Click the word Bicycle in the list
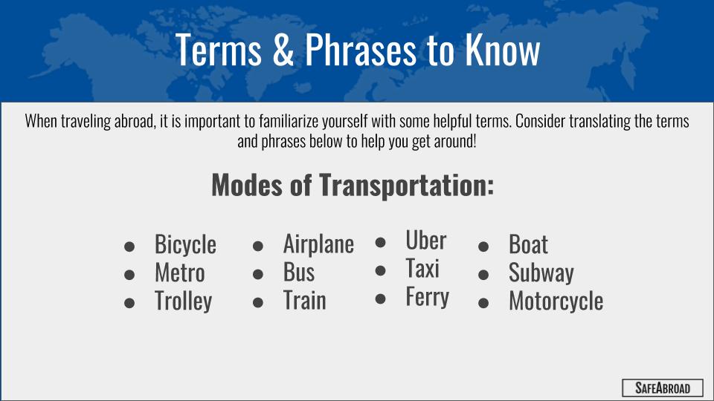click(x=185, y=244)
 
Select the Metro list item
click(x=179, y=273)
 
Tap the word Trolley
click(x=184, y=301)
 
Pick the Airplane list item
click(x=318, y=244)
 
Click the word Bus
click(x=299, y=273)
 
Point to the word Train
click(x=305, y=301)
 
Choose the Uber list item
click(x=425, y=240)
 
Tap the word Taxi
click(x=422, y=268)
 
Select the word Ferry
click(x=427, y=297)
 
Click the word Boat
click(x=528, y=244)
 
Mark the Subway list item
click(x=541, y=273)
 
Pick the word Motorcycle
click(x=556, y=301)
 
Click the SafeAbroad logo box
click(x=663, y=388)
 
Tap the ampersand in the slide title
click(x=283, y=49)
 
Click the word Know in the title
click(x=502, y=49)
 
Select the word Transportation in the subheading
click(x=406, y=186)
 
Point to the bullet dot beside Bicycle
click(x=129, y=247)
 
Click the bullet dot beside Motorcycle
click(x=483, y=303)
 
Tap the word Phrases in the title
click(x=360, y=49)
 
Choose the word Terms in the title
click(x=219, y=49)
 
